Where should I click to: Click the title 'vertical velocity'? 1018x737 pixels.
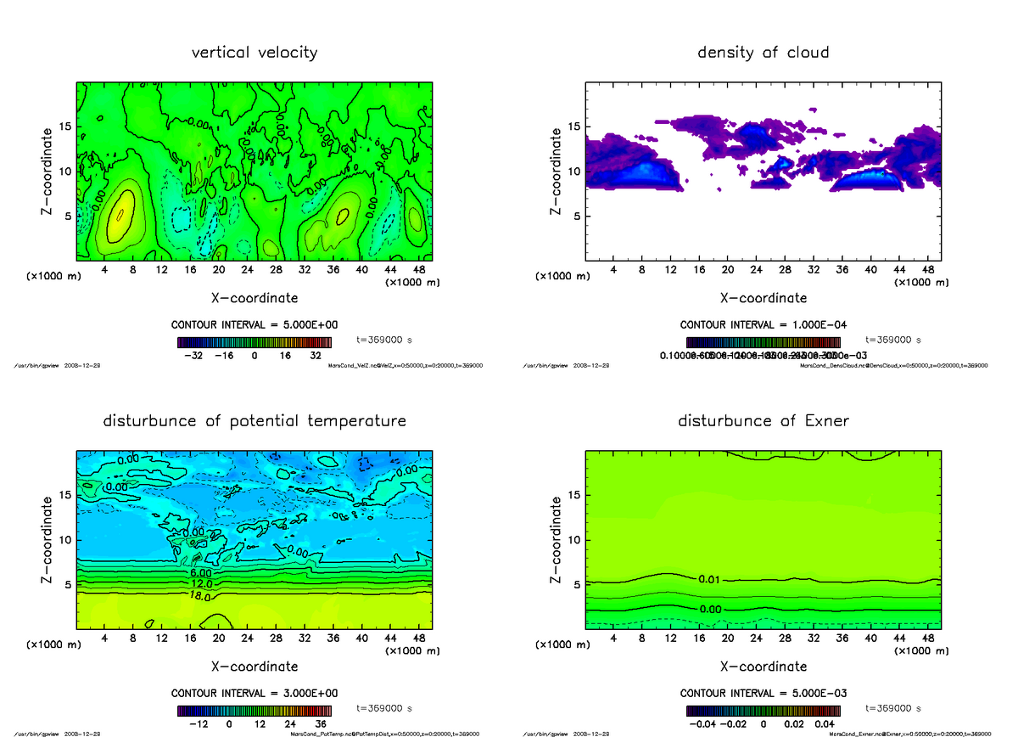click(255, 53)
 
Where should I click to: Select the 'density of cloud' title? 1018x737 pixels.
click(763, 53)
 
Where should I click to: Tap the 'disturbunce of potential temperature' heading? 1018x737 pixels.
click(255, 421)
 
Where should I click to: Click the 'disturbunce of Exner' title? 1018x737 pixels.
click(763, 421)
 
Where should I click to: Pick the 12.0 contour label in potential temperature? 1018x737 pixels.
click(202, 585)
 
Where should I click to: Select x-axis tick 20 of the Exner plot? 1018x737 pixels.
click(727, 638)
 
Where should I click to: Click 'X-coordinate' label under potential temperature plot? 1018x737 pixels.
click(255, 667)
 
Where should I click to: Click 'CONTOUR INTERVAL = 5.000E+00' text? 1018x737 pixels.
click(255, 325)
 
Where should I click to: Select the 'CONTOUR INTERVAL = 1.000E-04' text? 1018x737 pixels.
click(763, 325)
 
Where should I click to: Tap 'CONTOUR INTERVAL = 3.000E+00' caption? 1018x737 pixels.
click(255, 693)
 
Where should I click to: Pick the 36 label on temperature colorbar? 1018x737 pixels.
click(322, 724)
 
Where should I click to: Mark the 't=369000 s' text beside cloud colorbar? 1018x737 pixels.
click(893, 340)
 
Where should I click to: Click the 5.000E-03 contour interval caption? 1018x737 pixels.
click(763, 693)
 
